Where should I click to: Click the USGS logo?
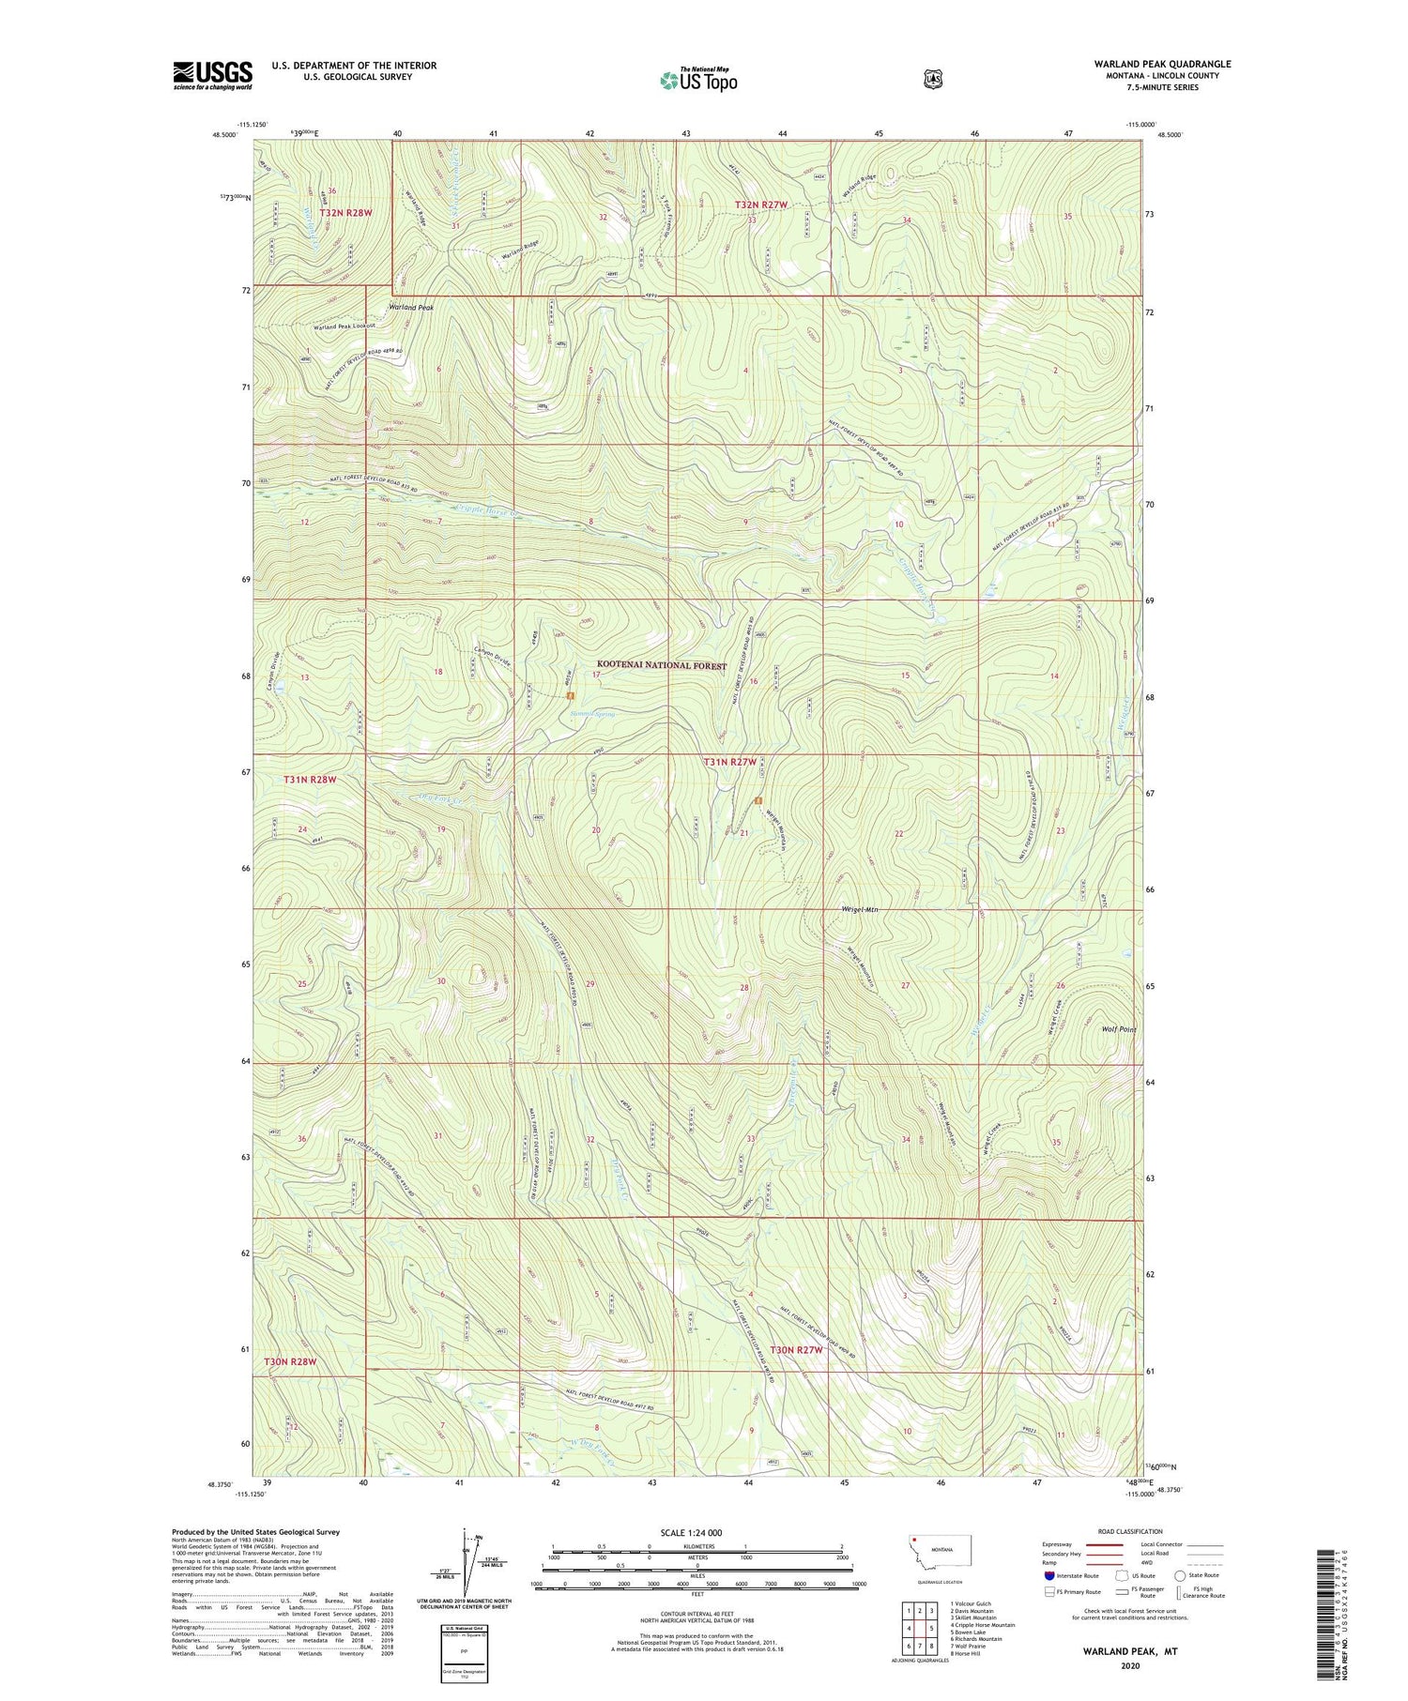point(212,75)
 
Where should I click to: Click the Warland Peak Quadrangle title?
point(1162,64)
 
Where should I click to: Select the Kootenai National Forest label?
point(661,666)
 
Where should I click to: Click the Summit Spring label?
point(592,715)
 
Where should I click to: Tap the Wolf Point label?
point(1118,1029)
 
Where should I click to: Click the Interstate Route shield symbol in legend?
point(1049,1575)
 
